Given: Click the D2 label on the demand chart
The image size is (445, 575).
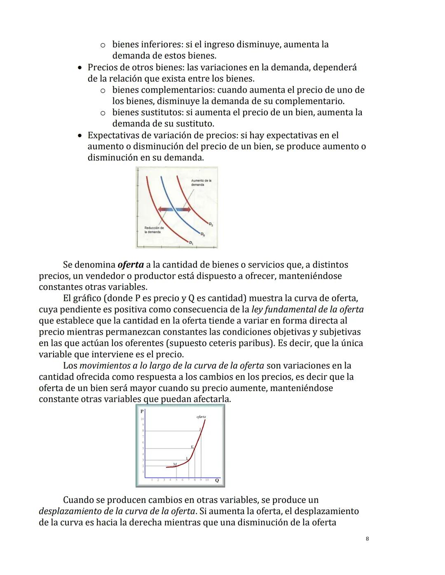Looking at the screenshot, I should (211, 224).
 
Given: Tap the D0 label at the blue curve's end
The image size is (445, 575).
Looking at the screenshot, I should (202, 235).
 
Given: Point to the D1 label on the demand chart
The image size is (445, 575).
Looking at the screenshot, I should (191, 243).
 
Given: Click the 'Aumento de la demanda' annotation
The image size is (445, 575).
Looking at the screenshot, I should (201, 182).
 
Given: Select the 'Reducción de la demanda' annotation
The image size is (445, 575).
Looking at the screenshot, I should (154, 230).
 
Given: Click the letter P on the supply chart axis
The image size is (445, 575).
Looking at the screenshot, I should (142, 411).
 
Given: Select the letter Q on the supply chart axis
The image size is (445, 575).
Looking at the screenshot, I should (217, 480).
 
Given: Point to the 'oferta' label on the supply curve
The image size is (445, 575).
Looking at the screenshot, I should (201, 417).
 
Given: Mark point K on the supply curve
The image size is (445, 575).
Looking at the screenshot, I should (192, 447).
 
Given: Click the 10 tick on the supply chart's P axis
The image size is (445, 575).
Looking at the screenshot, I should (142, 419).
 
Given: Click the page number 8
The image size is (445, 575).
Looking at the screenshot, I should (367, 539).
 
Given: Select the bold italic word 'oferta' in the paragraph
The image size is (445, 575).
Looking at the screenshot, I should (130, 265).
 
